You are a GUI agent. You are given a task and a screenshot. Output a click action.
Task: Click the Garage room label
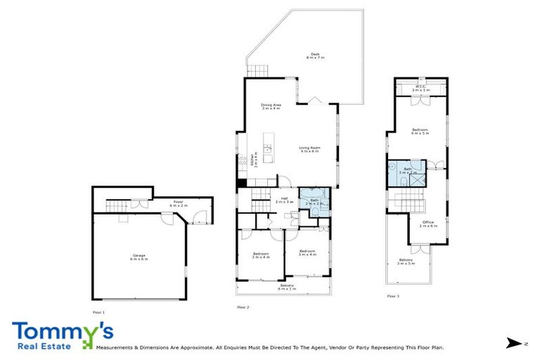[x=139, y=258]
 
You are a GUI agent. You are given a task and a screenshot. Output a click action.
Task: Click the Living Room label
[x=309, y=149]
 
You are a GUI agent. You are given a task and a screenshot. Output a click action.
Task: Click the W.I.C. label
[x=420, y=89]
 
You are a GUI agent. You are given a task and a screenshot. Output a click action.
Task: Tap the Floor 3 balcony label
[x=406, y=262]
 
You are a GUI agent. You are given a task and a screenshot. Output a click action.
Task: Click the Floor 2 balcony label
[x=287, y=287]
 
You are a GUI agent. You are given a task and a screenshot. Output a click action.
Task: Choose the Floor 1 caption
[x=98, y=311]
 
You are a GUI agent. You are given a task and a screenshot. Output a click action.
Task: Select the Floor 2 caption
[x=244, y=307]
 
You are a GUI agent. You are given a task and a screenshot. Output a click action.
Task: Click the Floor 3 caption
[x=393, y=297]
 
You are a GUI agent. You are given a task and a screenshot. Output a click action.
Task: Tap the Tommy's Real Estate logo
[x=62, y=335]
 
